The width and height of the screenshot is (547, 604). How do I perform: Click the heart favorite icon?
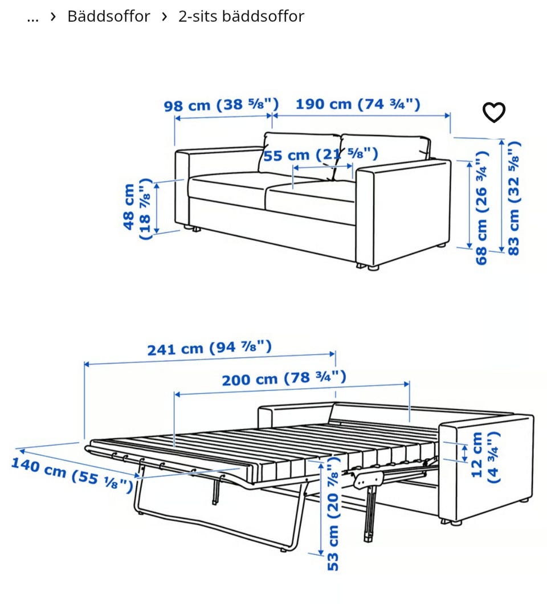click(x=494, y=112)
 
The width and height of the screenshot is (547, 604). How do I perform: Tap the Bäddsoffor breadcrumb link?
click(x=109, y=17)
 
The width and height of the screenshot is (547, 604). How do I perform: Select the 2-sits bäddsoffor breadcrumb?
click(x=241, y=17)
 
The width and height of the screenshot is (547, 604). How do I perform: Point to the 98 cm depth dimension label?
click(x=221, y=105)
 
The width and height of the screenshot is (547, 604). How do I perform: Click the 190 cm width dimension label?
click(x=358, y=104)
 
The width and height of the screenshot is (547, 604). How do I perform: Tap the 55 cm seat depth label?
click(x=320, y=155)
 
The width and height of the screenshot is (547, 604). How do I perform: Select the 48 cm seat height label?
click(x=136, y=209)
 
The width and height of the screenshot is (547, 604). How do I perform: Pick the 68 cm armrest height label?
click(x=482, y=208)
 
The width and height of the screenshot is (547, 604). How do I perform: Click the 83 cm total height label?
click(x=514, y=198)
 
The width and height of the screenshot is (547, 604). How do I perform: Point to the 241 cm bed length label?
click(x=210, y=348)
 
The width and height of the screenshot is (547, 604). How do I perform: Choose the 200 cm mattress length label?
click(x=284, y=378)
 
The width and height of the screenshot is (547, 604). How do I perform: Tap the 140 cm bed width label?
click(x=72, y=475)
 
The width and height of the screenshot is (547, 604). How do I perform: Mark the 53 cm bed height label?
click(x=333, y=513)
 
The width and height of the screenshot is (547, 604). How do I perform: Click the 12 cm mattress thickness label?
click(x=485, y=457)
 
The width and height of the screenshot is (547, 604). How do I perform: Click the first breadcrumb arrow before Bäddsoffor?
click(x=53, y=17)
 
